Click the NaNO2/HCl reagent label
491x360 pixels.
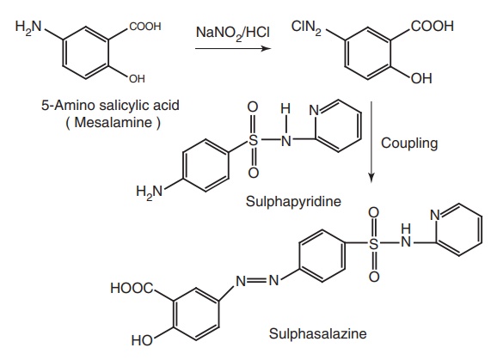tap(233, 33)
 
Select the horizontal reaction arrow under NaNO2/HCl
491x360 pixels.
tap(233, 48)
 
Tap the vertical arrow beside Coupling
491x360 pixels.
tap(371, 142)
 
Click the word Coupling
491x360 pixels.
tap(409, 143)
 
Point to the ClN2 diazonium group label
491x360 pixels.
tap(306, 27)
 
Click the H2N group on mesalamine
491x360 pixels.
tap(28, 27)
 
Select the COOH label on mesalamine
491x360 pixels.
tap(145, 27)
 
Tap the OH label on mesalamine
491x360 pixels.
tap(137, 78)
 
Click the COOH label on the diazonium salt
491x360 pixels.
tap(433, 26)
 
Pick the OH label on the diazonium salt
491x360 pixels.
tap(421, 78)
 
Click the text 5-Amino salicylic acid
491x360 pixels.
tap(110, 106)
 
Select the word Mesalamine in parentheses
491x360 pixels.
tap(113, 122)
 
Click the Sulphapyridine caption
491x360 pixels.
tap(293, 201)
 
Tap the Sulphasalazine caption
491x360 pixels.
tap(318, 333)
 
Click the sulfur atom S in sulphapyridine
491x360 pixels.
tap(254, 140)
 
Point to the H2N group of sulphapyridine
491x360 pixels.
tap(150, 191)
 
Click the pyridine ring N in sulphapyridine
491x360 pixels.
tap(314, 111)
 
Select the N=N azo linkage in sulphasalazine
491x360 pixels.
tap(257, 281)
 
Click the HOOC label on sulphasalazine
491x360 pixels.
tap(132, 288)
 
